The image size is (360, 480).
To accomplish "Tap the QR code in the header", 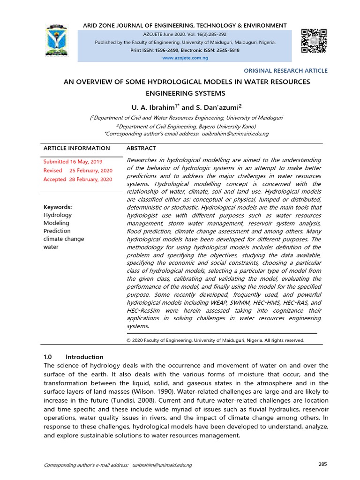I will click(x=314, y=41).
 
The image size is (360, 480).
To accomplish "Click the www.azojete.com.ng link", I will click(x=185, y=58).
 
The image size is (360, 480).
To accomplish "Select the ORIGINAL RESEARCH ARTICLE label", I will click(x=286, y=70).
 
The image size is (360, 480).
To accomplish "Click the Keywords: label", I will click(x=58, y=207).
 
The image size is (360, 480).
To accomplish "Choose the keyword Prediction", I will click(x=57, y=231).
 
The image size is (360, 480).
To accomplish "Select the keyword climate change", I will click(x=64, y=239).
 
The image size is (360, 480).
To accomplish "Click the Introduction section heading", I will click(x=84, y=357).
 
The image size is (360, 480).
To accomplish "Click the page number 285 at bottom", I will click(x=322, y=464).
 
